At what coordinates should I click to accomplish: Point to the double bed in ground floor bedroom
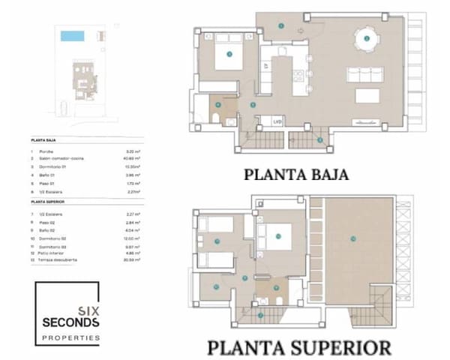click(229, 54)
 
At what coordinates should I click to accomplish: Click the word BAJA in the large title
click(324, 175)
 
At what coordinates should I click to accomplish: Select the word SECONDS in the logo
click(70, 322)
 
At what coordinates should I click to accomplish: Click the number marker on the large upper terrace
click(350, 238)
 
